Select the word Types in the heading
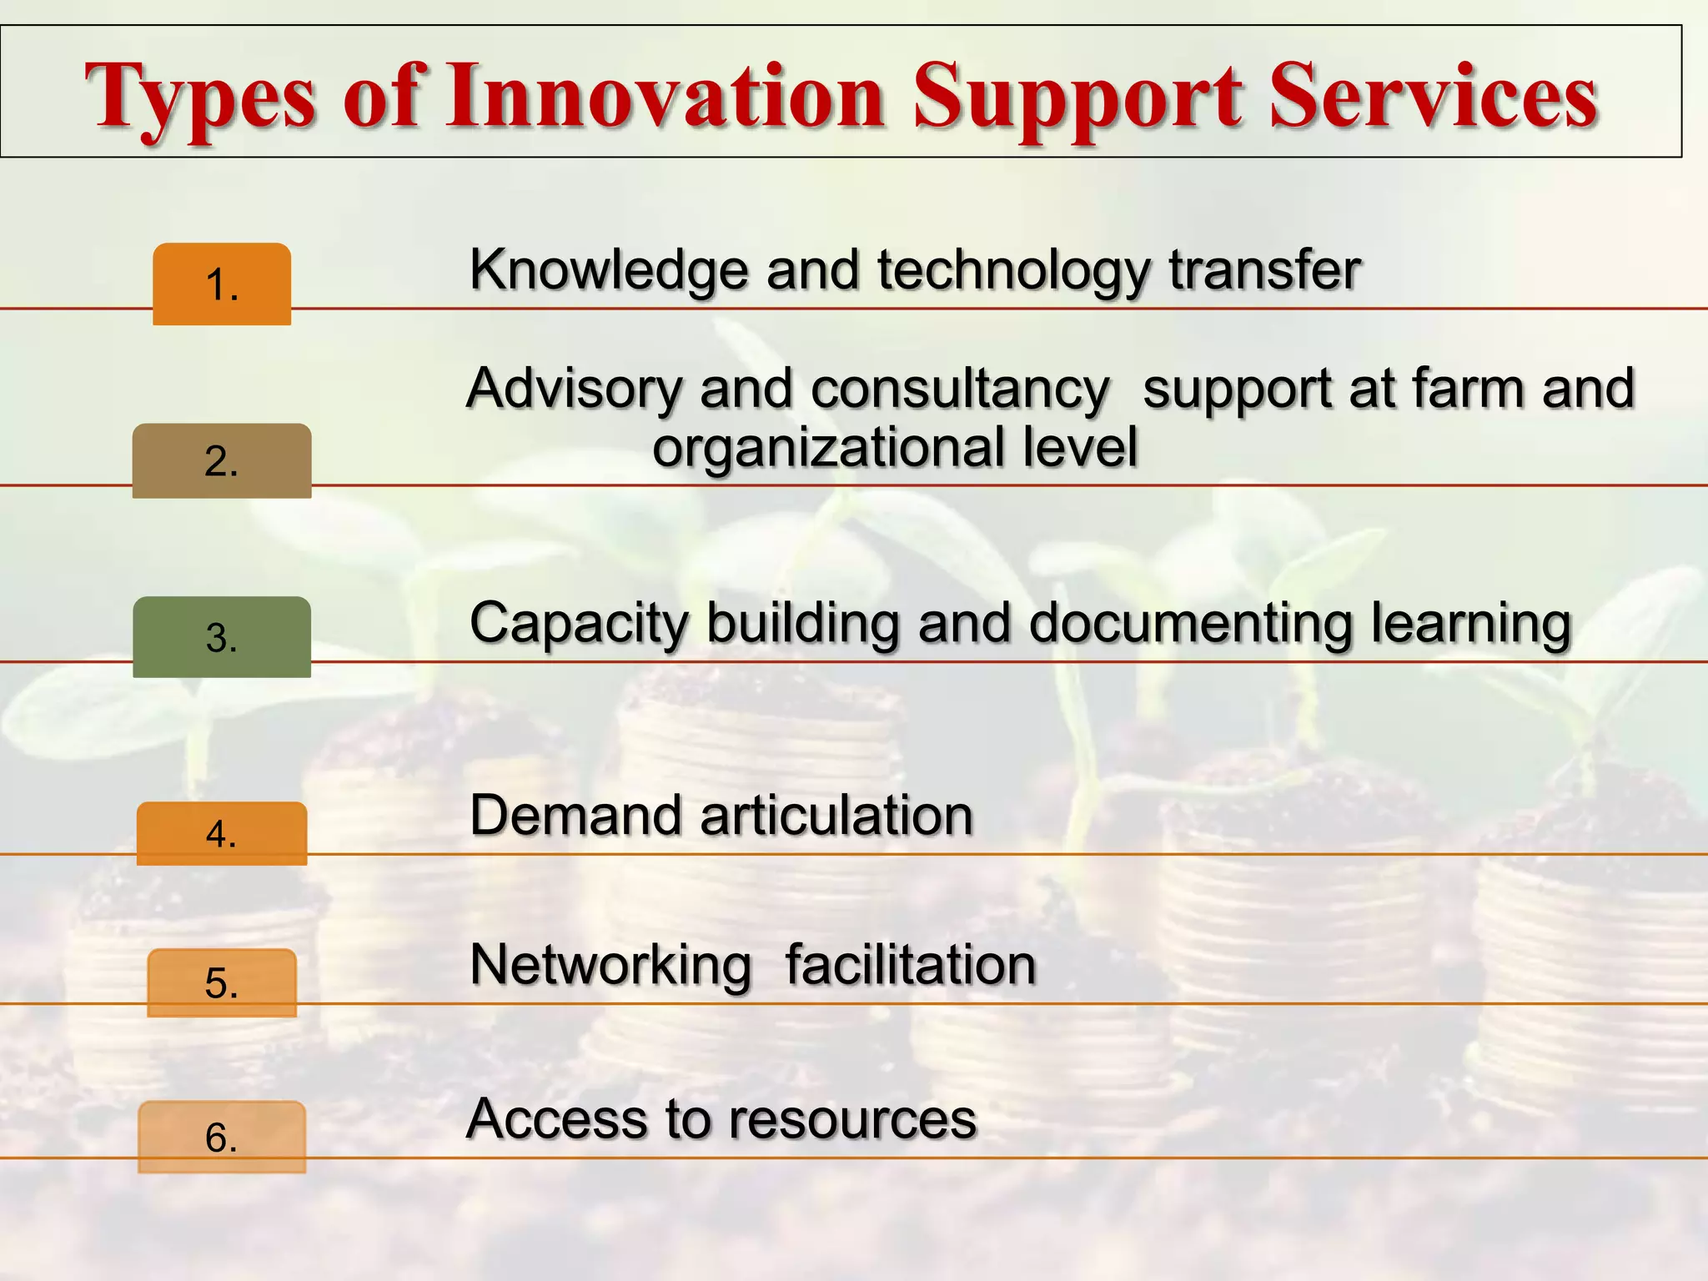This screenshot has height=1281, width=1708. click(201, 98)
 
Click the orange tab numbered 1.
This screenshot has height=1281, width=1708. click(222, 284)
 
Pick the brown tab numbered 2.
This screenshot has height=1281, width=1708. click(222, 461)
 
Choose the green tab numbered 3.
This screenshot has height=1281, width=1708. click(222, 637)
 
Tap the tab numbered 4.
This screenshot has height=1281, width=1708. click(222, 833)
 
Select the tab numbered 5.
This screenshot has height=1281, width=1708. click(222, 982)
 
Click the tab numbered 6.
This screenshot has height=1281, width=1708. click(222, 1137)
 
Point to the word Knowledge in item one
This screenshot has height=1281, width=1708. click(608, 271)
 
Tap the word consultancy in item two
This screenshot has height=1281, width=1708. click(960, 389)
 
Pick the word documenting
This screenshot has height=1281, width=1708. click(1190, 624)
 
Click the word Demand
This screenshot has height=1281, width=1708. click(577, 815)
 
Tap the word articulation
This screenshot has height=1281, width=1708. click(836, 815)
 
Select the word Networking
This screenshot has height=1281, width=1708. click(610, 966)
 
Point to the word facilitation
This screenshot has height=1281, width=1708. click(911, 965)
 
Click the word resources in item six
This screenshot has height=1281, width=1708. click(853, 1119)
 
